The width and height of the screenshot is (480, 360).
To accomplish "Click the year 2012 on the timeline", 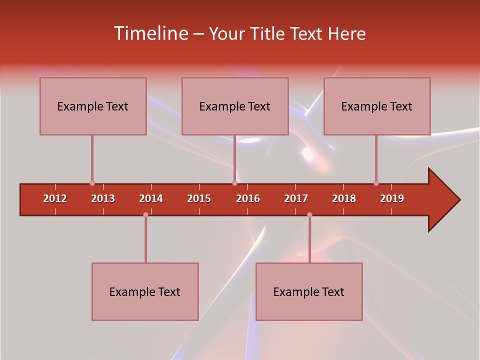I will tap(55, 198).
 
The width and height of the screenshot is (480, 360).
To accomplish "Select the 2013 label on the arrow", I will tap(103, 198).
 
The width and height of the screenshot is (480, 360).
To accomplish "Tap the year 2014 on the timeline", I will tap(151, 198).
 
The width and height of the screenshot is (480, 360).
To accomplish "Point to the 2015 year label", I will tap(199, 198).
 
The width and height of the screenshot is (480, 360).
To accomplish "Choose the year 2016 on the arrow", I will tap(248, 198).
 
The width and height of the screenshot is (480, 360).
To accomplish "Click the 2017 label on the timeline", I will tap(296, 198).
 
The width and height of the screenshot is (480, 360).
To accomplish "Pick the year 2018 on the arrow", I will tap(344, 198).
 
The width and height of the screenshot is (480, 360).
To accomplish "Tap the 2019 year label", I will tap(392, 198).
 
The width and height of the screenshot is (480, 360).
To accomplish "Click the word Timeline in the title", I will tap(149, 33).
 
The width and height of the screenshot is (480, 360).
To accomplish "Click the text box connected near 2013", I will tap(93, 106).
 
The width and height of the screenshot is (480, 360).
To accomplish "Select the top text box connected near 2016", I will tap(235, 106).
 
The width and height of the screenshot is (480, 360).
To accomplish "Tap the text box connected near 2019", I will tap(377, 106).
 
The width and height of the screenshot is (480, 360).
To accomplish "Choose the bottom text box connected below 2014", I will tap(145, 291).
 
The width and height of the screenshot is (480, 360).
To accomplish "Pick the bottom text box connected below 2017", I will tap(309, 291).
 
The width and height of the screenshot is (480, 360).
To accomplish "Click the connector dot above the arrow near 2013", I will tap(92, 183).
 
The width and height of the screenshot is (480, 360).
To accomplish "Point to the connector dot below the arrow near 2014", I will tap(145, 214).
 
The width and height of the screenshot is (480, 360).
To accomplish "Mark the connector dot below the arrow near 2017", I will tap(309, 214).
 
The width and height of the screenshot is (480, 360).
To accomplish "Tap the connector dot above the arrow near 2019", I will tap(376, 183).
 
